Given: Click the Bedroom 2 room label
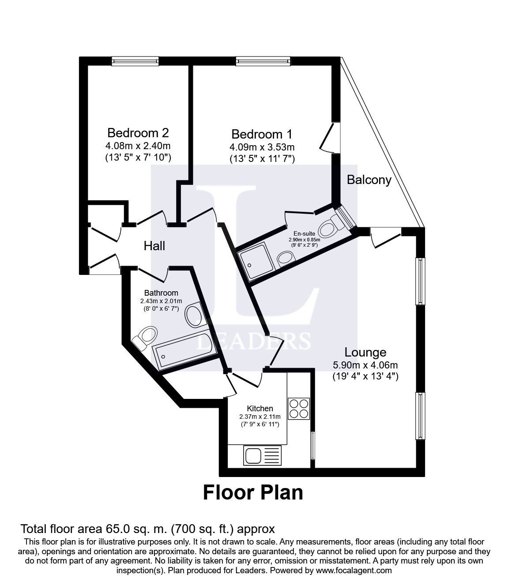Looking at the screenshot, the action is point(138,133).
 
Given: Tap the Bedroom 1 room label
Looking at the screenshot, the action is point(262,134).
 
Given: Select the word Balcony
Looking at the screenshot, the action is point(369,180).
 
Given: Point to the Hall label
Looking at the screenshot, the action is point(154,246).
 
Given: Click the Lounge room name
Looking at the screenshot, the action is point(365,352).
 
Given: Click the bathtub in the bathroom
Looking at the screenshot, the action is point(184,351).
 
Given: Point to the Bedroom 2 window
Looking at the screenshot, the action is point(135,61).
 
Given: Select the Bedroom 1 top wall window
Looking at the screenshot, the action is point(263,61).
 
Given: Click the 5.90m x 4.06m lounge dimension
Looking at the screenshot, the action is point(365,365).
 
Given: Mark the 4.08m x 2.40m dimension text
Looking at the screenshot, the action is point(138,146).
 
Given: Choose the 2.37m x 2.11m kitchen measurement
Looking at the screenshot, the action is point(260,417).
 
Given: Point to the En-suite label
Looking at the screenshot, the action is point(304,233).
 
